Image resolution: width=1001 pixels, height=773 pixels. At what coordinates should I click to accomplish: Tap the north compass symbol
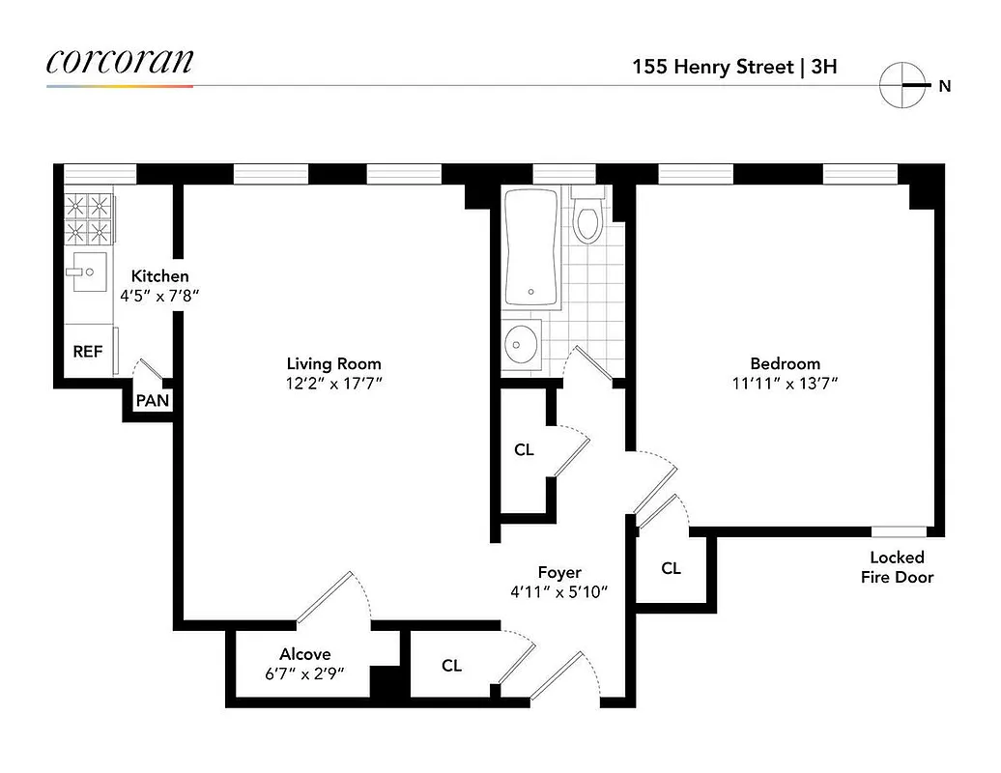click(x=902, y=85)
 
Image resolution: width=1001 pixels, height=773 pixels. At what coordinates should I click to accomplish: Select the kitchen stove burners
click(x=88, y=217)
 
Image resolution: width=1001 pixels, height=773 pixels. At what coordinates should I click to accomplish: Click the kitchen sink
click(x=89, y=272)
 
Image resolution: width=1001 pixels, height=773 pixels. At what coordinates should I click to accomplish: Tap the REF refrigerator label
click(x=87, y=352)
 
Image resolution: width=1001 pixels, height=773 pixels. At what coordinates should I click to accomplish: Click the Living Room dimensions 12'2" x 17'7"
click(x=333, y=383)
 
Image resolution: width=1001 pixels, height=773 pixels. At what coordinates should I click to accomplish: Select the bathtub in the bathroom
click(x=531, y=248)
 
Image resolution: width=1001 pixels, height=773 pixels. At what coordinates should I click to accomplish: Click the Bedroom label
click(x=785, y=363)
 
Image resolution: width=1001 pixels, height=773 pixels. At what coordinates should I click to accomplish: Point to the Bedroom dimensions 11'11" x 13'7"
click(x=785, y=383)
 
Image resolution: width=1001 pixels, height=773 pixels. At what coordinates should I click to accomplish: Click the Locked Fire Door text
click(x=897, y=567)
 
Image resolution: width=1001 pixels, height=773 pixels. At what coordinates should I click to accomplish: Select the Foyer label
click(x=559, y=572)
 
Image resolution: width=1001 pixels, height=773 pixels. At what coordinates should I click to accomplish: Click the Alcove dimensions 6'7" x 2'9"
click(x=305, y=673)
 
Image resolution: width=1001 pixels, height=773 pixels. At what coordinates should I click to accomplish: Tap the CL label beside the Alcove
click(x=451, y=666)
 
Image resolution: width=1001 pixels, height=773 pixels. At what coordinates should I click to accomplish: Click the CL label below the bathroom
click(x=524, y=450)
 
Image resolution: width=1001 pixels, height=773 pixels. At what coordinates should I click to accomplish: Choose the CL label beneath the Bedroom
click(x=672, y=569)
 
